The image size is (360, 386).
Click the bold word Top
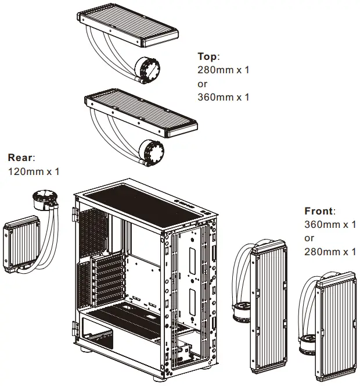pos(208,56)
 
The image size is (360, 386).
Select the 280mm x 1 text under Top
pos(223,70)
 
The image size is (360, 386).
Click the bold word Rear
pos(21,158)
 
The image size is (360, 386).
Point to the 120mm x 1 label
pos(33,171)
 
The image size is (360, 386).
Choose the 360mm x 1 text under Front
pos(330,225)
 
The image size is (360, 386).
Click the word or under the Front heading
pos(309,238)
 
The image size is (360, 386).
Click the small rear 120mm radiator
pos(21,244)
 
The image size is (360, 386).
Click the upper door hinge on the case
pos(75,214)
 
